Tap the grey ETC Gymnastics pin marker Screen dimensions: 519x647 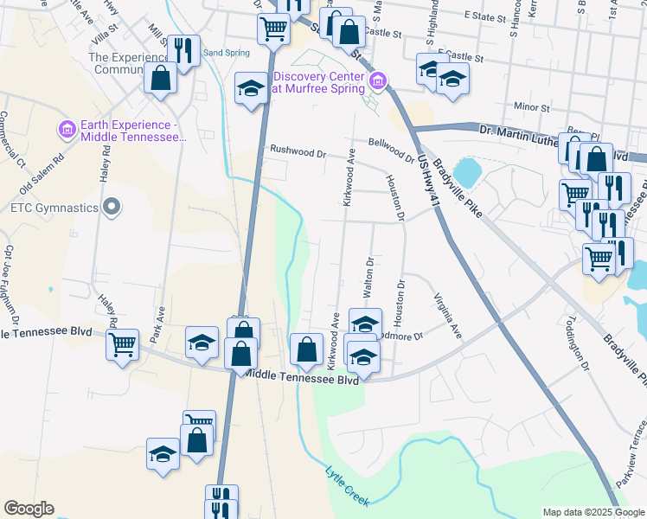(x=112, y=207)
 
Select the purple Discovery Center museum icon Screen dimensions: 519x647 (x=377, y=82)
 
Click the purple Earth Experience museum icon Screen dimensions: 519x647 (x=67, y=130)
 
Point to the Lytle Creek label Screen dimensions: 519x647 (x=349, y=485)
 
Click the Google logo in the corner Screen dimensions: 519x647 (x=29, y=509)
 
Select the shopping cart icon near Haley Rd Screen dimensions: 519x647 (x=122, y=344)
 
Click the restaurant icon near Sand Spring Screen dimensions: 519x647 (x=183, y=50)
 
